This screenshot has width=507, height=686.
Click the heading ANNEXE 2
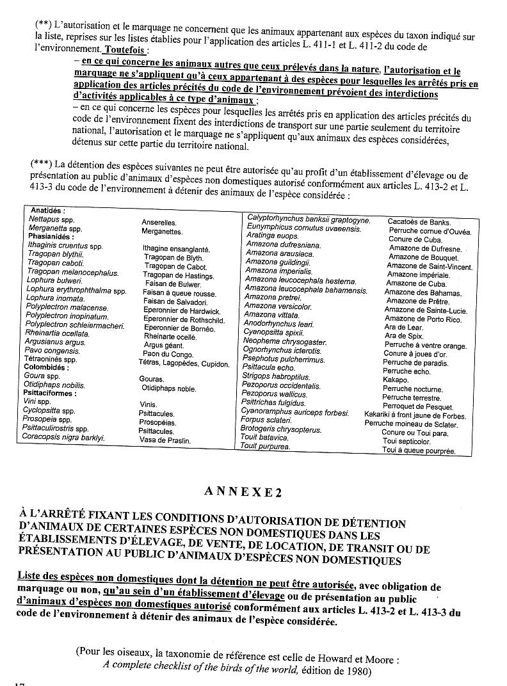coord(241,491)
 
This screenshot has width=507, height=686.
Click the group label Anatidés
coord(47,211)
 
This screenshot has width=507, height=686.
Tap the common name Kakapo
coord(395,380)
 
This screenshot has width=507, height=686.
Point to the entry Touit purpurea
coord(264,446)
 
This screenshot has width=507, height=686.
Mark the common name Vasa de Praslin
coord(165,441)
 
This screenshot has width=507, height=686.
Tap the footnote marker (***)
coord(40,164)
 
